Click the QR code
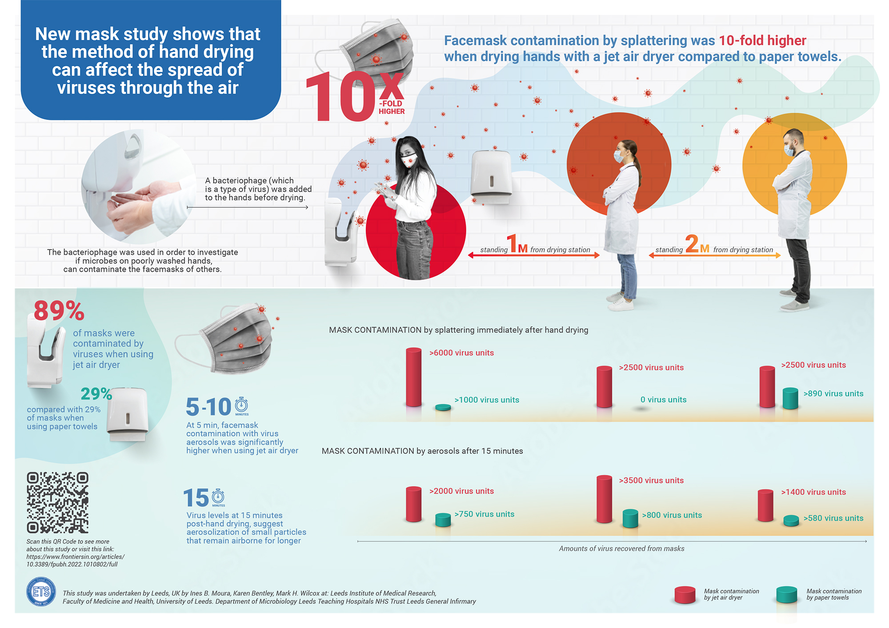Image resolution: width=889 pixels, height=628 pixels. (57, 502)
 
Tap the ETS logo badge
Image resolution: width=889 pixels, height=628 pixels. (41, 592)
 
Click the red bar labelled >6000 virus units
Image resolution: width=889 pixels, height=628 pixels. (413, 377)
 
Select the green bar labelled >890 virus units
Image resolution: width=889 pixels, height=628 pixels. (790, 398)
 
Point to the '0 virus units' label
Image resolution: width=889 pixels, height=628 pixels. (663, 400)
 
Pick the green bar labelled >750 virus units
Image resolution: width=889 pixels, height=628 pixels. (443, 520)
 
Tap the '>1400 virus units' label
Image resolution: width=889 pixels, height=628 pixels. (813, 492)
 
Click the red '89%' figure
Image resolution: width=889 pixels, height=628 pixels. (59, 310)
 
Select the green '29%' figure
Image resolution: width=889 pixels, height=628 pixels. (96, 393)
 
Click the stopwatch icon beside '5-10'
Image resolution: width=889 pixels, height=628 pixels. (241, 405)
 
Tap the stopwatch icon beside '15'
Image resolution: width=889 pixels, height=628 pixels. (218, 496)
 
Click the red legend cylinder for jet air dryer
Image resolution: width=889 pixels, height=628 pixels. (685, 595)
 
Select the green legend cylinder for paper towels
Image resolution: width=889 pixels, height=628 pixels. (786, 595)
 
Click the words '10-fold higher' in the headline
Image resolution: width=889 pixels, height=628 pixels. (762, 41)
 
